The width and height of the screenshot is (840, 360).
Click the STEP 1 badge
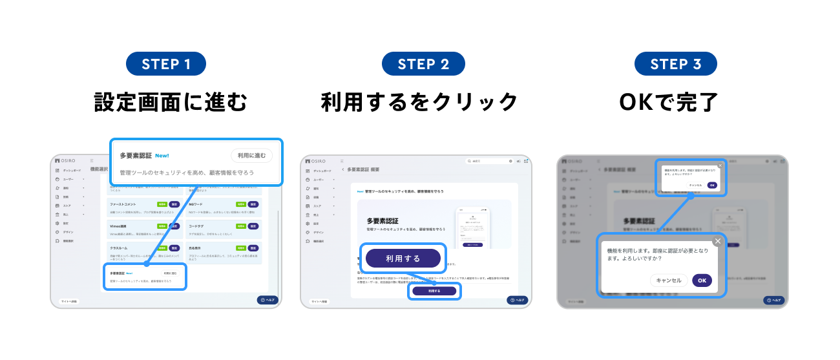(x=167, y=64)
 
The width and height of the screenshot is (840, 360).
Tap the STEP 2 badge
(x=423, y=64)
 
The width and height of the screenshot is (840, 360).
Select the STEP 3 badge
(x=675, y=64)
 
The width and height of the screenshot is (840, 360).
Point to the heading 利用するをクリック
(x=419, y=101)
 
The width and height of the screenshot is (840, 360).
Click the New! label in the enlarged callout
(x=162, y=156)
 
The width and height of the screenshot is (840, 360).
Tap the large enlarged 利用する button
(x=403, y=259)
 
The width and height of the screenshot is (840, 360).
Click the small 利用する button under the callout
(x=434, y=291)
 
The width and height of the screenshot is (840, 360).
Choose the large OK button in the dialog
(x=702, y=281)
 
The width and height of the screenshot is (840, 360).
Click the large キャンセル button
(x=669, y=281)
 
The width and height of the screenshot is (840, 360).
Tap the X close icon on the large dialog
(x=717, y=242)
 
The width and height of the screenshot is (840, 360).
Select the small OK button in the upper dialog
(x=712, y=185)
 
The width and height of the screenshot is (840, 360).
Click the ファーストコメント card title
(x=123, y=204)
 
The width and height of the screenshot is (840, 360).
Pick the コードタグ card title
(x=196, y=226)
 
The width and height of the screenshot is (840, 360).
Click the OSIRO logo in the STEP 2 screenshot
(x=316, y=161)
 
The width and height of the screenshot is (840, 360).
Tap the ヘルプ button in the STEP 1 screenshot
(x=268, y=300)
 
